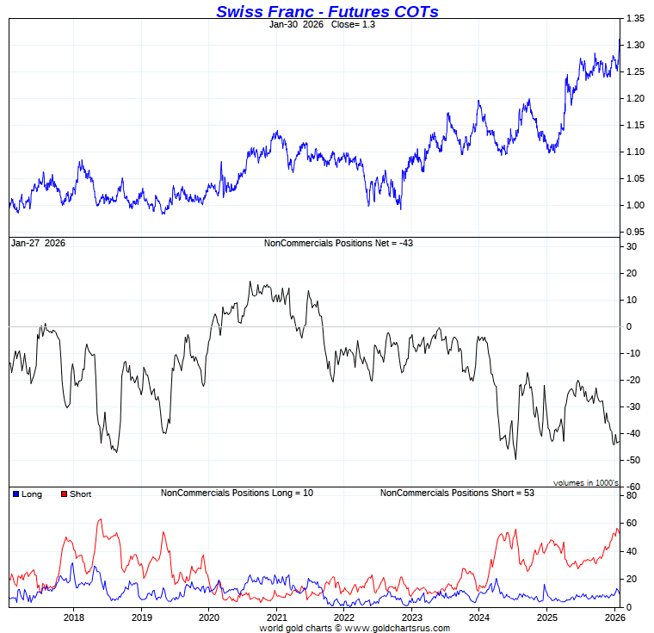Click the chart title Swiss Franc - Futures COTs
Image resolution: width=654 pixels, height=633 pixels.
point(327,10)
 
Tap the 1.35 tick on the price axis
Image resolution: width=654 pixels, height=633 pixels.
point(635,18)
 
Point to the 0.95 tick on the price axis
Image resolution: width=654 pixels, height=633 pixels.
point(635,232)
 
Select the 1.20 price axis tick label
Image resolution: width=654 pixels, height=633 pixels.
point(635,98)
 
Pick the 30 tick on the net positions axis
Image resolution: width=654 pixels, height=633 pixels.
point(632,246)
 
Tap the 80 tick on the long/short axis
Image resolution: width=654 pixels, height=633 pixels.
point(632,496)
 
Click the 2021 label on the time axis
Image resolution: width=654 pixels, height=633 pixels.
point(276,617)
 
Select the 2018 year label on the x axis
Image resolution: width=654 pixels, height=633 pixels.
point(74,617)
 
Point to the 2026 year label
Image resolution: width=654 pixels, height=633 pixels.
point(614,617)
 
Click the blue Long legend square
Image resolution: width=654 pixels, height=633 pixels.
point(15,494)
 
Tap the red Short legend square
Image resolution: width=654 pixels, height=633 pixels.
point(63,494)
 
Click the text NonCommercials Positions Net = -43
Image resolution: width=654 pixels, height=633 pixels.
point(326,244)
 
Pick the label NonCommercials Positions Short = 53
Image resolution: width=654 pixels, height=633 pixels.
point(447,493)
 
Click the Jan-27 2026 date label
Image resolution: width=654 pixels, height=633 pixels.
point(38,244)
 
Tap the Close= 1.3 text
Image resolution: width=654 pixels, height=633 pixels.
point(353,25)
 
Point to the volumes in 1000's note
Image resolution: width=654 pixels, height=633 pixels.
point(586,483)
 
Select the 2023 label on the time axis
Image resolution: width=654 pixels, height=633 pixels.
point(411,617)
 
